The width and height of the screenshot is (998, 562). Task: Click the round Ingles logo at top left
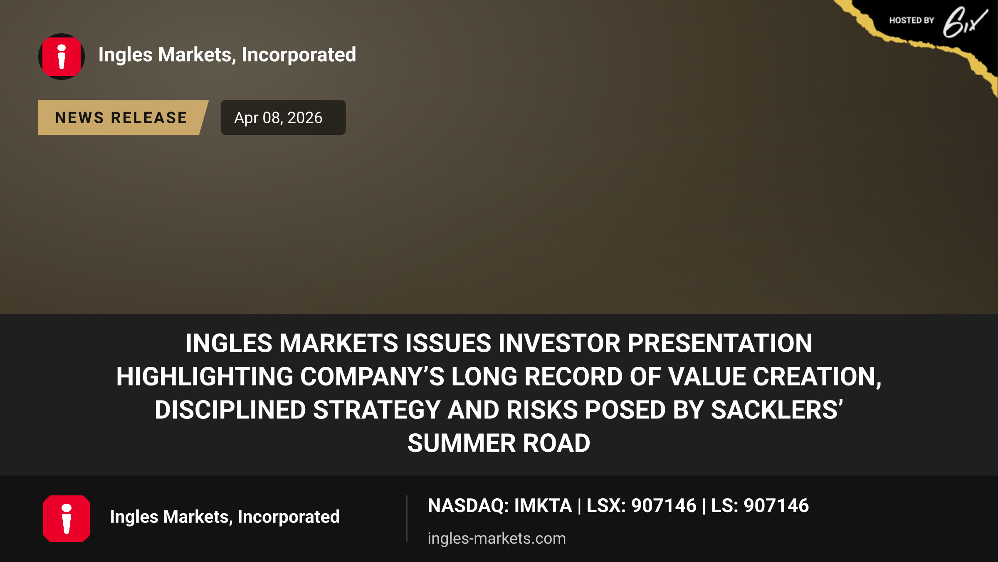pyautogui.click(x=62, y=57)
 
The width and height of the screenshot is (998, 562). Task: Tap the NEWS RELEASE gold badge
pyautogui.click(x=123, y=117)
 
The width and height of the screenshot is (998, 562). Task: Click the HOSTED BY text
pyautogui.click(x=912, y=20)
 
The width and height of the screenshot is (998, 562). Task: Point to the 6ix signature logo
pyautogui.click(x=965, y=22)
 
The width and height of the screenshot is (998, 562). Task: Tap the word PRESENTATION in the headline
pyautogui.click(x=720, y=343)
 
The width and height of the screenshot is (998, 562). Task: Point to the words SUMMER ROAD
pyautogui.click(x=499, y=443)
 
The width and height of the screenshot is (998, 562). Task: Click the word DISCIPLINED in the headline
pyautogui.click(x=230, y=410)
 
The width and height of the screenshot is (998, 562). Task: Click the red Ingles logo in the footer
pyautogui.click(x=67, y=519)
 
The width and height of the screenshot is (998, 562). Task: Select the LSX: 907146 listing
pyautogui.click(x=641, y=506)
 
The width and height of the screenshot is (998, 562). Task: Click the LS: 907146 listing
pyautogui.click(x=760, y=506)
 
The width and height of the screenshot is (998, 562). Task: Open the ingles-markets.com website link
pyautogui.click(x=497, y=538)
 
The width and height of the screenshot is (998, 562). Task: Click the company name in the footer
pyautogui.click(x=225, y=517)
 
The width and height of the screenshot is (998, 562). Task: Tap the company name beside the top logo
pyautogui.click(x=227, y=55)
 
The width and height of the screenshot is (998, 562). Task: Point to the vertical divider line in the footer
pyautogui.click(x=407, y=519)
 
